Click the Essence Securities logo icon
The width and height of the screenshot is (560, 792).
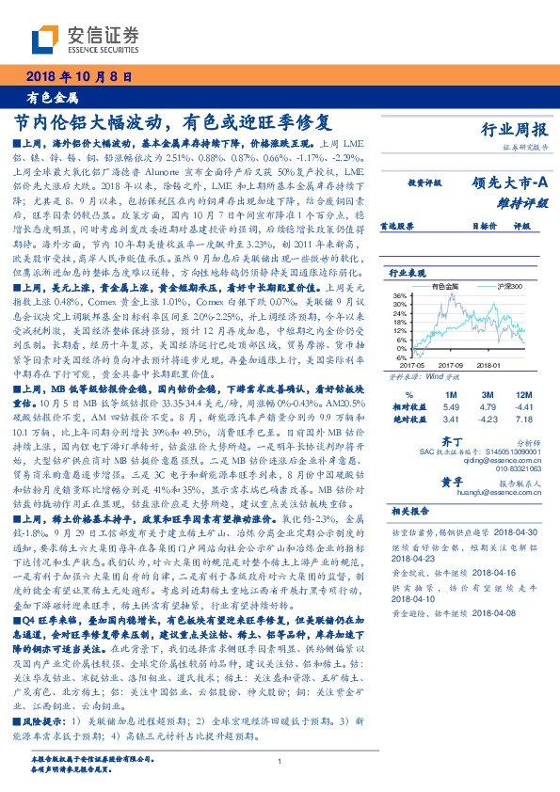[x=45, y=39]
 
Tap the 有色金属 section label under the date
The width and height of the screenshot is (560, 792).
[x=52, y=98]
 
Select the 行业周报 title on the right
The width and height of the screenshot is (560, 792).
[x=514, y=132]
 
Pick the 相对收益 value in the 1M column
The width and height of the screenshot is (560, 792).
[x=450, y=405]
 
